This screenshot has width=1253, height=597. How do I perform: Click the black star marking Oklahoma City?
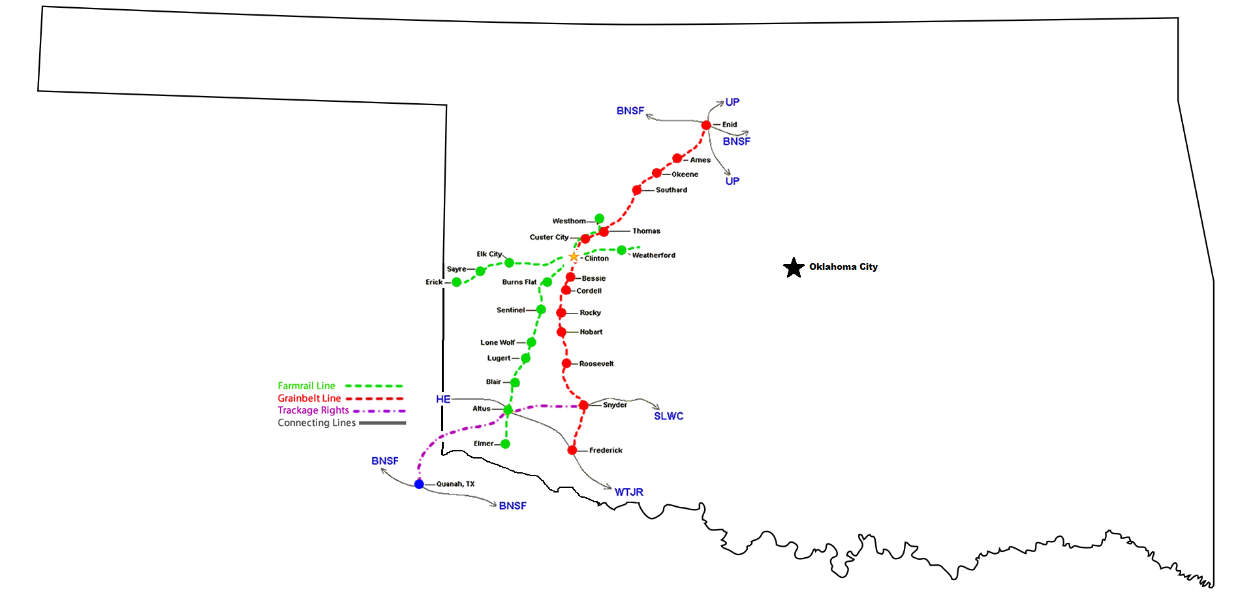[794, 267]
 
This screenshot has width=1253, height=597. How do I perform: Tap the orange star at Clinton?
[574, 257]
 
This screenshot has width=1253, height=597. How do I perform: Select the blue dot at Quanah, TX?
[419, 484]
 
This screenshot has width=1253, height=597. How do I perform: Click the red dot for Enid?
[706, 125]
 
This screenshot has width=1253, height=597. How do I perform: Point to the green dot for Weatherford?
[622, 250]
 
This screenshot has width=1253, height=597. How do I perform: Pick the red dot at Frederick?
[572, 450]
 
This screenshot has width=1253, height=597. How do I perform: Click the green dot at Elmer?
[505, 444]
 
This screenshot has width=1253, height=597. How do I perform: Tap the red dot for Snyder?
[583, 406]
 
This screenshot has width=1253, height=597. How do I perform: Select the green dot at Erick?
[457, 282]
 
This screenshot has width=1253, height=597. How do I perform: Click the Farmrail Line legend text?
[306, 386]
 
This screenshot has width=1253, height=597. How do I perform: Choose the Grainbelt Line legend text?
[309, 398]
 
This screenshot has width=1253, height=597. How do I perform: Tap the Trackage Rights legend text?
[313, 410]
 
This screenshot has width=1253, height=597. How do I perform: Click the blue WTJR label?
[628, 492]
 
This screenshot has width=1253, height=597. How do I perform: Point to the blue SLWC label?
[668, 416]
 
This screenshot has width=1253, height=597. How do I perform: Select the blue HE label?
[443, 399]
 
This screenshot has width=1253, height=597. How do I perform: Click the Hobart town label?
[591, 332]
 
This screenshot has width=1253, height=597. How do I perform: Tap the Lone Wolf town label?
[497, 342]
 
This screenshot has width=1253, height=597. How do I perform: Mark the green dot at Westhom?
[599, 219]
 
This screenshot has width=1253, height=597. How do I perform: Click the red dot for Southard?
[637, 190]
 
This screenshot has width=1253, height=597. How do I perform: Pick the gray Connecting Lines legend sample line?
[382, 423]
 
